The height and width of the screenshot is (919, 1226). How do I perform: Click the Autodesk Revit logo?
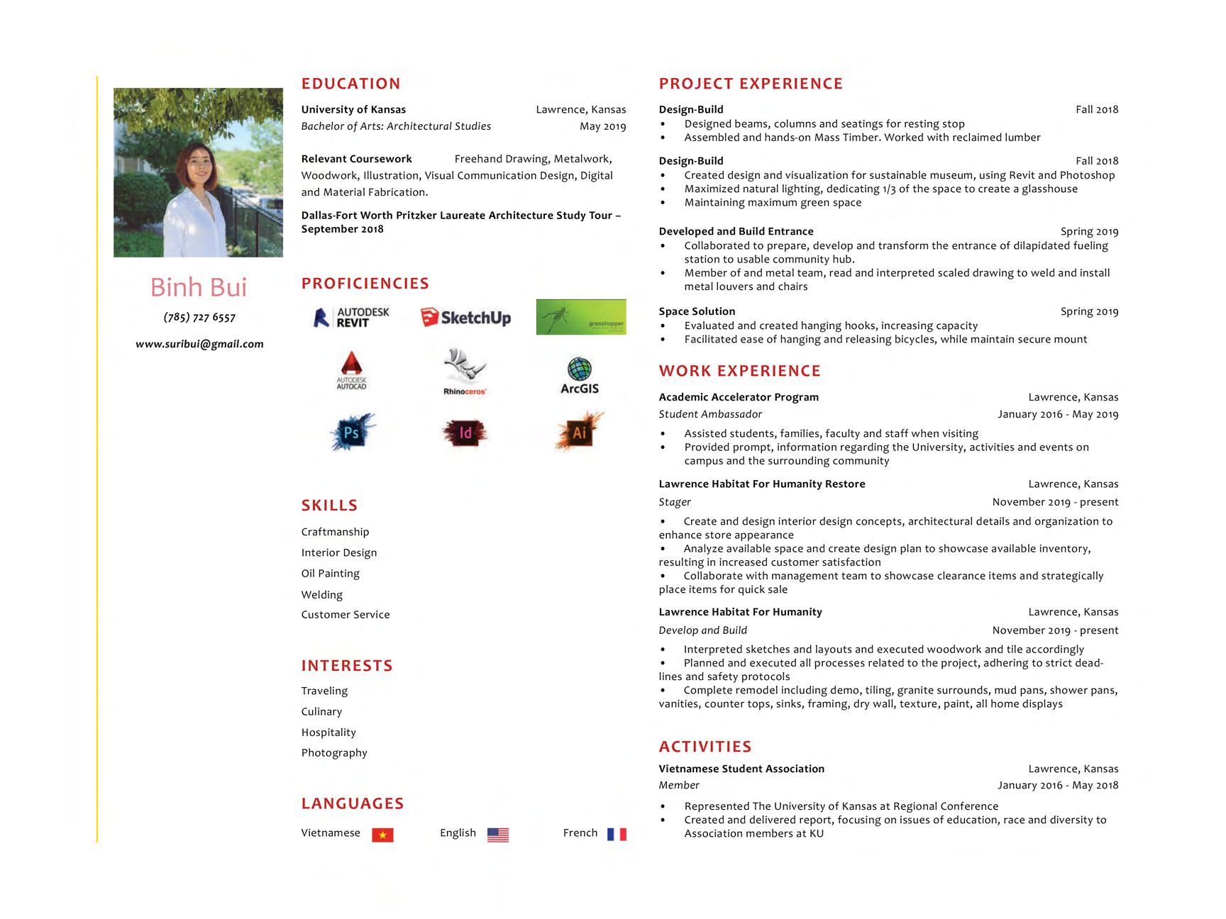coord(352,317)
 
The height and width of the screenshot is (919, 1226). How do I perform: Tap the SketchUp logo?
coord(465,318)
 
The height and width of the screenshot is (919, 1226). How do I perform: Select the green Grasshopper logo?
coord(580,317)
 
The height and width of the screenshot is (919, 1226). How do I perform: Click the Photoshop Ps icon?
coord(352,432)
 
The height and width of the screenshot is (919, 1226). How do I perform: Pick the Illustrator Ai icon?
coord(579,431)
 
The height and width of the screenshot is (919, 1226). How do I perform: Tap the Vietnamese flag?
coord(382,835)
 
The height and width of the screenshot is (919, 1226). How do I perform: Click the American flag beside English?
coord(498,835)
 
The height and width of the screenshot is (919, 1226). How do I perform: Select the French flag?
coord(617,834)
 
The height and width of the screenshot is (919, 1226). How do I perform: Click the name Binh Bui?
coord(199,287)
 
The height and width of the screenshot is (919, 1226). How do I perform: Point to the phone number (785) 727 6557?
coord(199,317)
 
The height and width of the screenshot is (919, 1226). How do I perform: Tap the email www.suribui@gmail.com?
coord(199,344)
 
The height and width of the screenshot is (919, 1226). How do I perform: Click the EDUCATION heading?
coord(350,84)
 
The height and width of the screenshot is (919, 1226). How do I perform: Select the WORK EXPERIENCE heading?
coord(739,371)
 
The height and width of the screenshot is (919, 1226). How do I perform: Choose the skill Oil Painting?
coord(330,573)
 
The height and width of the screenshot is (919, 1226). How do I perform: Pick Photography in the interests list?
coord(334,752)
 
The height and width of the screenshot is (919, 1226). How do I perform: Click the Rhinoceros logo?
coord(465,372)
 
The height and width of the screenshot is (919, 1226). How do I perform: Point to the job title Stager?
coord(675,502)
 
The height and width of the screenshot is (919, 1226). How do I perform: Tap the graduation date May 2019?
coord(602,126)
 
